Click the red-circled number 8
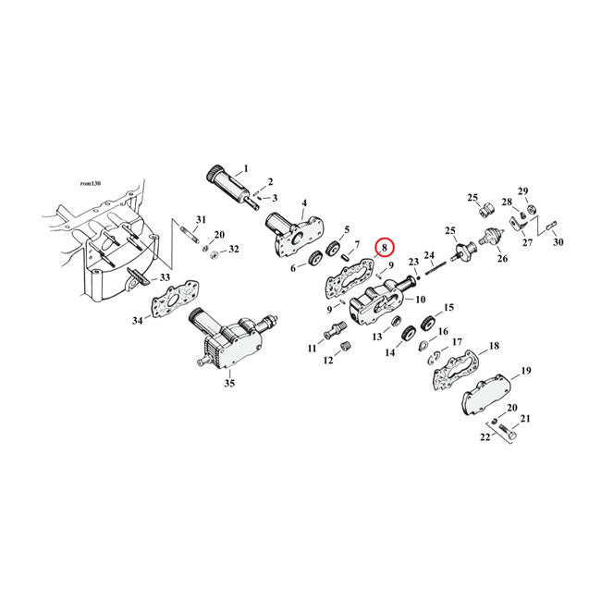point(385,248)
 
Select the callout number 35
point(229,382)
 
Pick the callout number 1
point(245,169)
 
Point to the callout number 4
point(304,202)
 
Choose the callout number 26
point(503,259)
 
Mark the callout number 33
point(166,277)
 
